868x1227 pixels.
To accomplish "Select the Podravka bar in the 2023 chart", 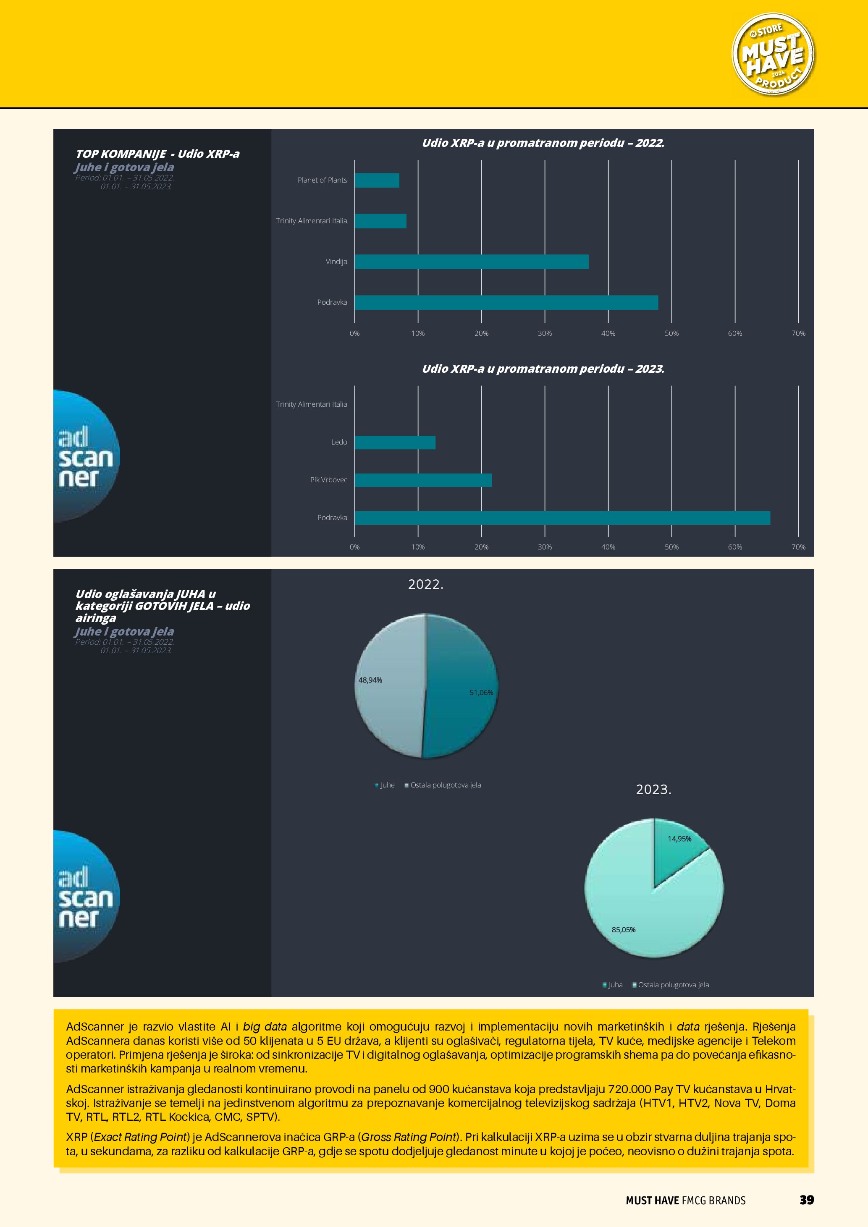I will [562, 518].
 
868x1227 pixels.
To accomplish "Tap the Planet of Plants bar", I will [377, 181].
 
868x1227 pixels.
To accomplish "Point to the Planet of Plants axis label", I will [322, 180].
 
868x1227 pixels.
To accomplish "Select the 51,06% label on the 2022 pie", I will [481, 693].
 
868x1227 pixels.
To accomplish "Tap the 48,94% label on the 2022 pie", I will [370, 680].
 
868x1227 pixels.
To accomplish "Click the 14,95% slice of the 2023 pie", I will [677, 850].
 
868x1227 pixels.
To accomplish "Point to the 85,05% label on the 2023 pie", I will [623, 930].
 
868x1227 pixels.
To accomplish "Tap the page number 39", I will [806, 1200].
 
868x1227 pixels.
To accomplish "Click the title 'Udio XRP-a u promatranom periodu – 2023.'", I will [543, 369].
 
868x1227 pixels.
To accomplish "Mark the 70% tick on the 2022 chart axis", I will [798, 333].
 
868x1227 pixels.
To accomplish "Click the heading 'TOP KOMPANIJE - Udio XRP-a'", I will [157, 154].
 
